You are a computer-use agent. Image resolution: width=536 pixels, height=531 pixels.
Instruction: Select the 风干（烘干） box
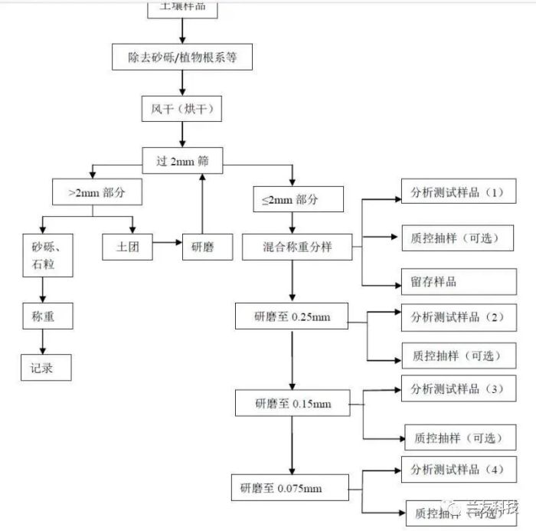coord(181,110)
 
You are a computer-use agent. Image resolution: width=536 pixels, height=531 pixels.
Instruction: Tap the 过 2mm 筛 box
coord(181,161)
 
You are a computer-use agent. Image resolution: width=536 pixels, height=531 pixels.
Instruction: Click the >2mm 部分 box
coord(98,193)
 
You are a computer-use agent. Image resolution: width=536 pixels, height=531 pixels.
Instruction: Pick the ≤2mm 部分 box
coord(298,199)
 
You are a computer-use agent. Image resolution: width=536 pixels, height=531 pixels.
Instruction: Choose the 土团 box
coord(127,247)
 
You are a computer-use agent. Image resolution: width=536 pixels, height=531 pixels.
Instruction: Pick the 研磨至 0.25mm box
coord(293,316)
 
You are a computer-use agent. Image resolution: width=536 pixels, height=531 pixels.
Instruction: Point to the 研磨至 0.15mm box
coord(293,403)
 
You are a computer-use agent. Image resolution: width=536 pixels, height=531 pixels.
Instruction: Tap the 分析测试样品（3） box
coord(457,389)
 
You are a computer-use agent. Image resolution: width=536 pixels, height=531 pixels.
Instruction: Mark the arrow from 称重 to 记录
coord(43,343)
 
